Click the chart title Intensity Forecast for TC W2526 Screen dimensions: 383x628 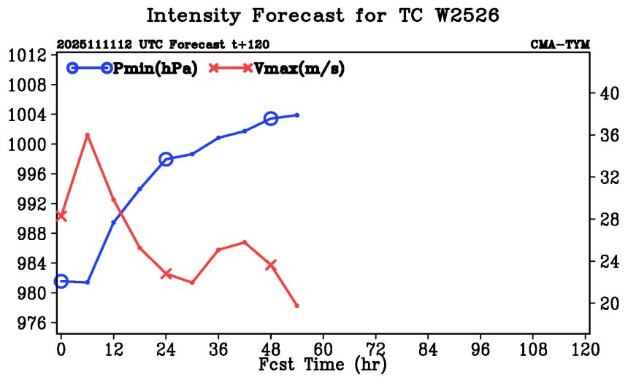[322, 16]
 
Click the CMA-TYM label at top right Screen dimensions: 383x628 [559, 45]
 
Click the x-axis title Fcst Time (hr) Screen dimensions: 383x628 [322, 364]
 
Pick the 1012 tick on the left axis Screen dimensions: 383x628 [28, 55]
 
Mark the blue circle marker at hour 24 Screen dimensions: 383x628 [166, 159]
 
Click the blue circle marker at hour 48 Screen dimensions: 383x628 [271, 118]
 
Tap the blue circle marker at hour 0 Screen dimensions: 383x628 [61, 282]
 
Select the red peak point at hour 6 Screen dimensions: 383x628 [88, 135]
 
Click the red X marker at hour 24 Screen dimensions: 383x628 [166, 274]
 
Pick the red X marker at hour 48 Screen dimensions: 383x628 [271, 265]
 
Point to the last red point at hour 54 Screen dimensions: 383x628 [297, 306]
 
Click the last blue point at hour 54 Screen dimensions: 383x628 [297, 115]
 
